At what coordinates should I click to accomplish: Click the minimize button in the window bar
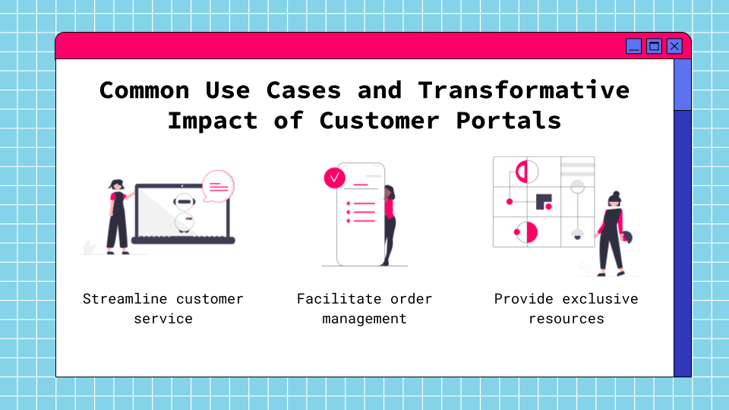[x=633, y=46]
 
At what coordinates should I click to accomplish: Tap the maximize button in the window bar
[x=654, y=46]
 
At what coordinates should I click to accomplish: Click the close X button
[x=674, y=46]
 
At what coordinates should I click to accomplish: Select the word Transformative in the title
[x=523, y=90]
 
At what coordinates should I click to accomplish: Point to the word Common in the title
[x=144, y=90]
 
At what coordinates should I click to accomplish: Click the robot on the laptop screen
[x=183, y=212]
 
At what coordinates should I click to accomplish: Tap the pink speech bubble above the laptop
[x=218, y=186]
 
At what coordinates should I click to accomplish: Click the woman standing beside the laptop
[x=116, y=216]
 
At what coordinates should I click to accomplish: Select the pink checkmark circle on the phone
[x=334, y=178]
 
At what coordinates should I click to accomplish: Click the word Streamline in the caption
[x=125, y=298]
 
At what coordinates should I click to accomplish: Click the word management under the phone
[x=364, y=318]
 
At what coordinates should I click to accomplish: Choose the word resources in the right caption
[x=566, y=318]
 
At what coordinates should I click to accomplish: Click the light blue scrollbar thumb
[x=682, y=84]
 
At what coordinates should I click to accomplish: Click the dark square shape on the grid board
[x=543, y=201]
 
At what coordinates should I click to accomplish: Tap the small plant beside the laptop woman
[x=90, y=248]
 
